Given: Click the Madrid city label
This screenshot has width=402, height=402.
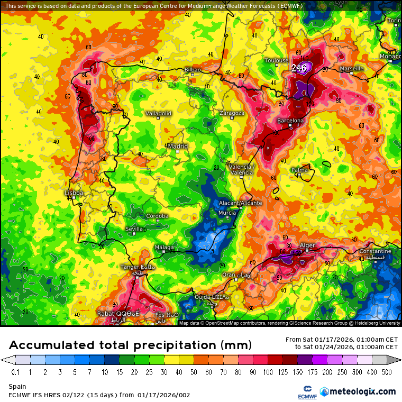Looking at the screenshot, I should click(178, 147).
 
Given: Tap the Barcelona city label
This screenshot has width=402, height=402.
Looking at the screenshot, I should click(290, 121).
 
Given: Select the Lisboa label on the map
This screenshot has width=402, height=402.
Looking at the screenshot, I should click(74, 193).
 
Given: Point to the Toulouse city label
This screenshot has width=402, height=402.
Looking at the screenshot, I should click(277, 60).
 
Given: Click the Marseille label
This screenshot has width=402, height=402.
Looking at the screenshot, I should click(352, 69).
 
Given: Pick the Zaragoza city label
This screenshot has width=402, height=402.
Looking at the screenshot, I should click(232, 113).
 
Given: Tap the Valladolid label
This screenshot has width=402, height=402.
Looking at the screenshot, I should click(159, 113).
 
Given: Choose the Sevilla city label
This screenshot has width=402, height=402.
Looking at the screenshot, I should click(134, 229).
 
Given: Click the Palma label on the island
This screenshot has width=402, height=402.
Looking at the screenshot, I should click(299, 170).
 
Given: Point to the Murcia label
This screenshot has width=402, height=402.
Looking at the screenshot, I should click(227, 213).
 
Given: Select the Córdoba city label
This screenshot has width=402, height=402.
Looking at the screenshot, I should click(157, 216).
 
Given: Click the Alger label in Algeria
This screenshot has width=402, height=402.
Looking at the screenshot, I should click(307, 245).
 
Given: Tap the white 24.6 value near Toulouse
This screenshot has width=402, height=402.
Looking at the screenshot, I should click(299, 67).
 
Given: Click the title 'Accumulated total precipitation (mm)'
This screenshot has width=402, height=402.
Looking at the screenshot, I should click(130, 345).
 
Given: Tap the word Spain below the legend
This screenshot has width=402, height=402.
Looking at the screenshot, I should click(17, 387).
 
